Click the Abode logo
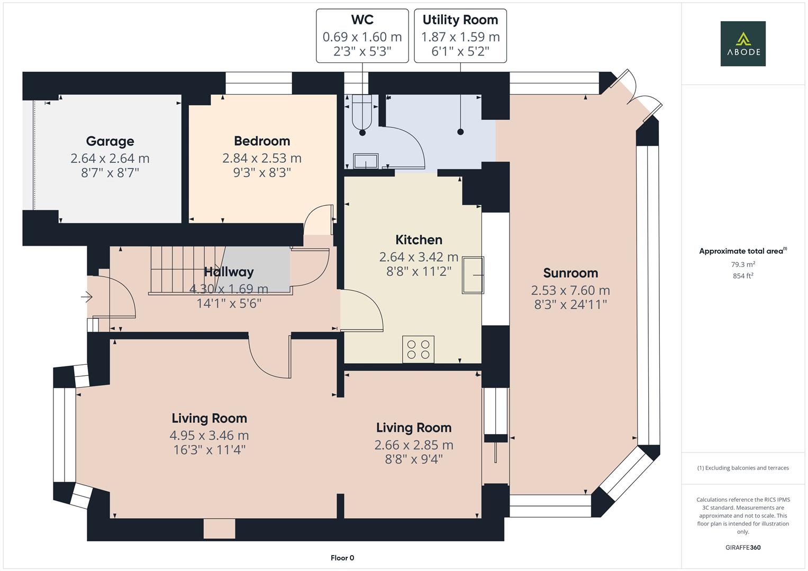(742, 44)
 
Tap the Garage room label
(110, 141)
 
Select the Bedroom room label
(262, 141)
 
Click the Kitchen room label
(419, 240)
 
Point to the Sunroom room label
(570, 273)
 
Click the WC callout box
(362, 35)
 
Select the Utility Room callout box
(460, 35)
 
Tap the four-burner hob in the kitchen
(418, 349)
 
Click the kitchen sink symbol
(473, 275)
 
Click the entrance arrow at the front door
(86, 298)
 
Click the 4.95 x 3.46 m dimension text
(209, 435)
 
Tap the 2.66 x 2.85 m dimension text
(413, 445)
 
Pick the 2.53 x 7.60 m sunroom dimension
(570, 290)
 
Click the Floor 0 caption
(342, 558)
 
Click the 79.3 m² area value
(742, 264)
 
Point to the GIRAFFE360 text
(742, 547)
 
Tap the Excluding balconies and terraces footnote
(742, 468)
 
